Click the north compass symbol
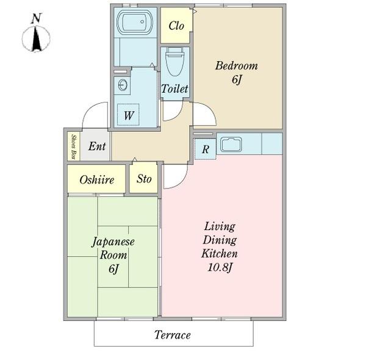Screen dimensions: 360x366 point(36,38)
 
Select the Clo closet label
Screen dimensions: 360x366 point(176,26)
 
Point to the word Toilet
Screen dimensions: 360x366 point(174,89)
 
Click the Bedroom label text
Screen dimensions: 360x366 point(236,66)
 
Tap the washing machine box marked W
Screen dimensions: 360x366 point(129,115)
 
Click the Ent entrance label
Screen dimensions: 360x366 point(97,146)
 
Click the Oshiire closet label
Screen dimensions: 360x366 point(96,180)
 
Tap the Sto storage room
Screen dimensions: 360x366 point(144,179)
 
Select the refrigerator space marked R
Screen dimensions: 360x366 point(206,148)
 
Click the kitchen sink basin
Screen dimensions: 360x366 point(232,145)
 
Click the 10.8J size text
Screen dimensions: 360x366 point(220,267)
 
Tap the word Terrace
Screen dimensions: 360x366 point(172,335)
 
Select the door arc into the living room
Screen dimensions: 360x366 point(174,176)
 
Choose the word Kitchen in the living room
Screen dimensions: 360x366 point(220,253)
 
